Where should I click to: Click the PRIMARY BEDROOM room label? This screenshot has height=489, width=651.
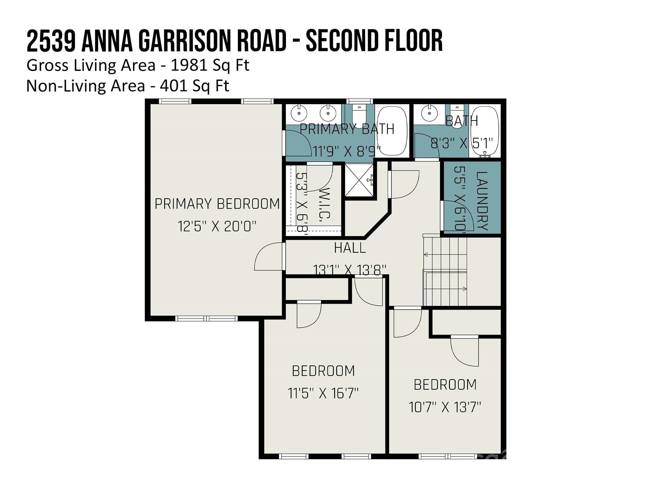click(217, 204)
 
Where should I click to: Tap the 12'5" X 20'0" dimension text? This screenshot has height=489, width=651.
click(217, 227)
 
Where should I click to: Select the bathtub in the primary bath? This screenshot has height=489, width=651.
click(392, 131)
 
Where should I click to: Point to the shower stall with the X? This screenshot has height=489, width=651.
click(360, 180)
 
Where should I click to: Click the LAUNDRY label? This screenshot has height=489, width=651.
click(482, 201)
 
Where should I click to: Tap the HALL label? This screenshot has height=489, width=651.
click(350, 248)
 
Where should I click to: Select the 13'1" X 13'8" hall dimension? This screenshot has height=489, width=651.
click(350, 269)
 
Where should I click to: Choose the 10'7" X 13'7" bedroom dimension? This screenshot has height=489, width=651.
click(445, 407)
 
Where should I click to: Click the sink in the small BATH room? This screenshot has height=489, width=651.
click(429, 113)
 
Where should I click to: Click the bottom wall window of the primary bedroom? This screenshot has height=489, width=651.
click(206, 318)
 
